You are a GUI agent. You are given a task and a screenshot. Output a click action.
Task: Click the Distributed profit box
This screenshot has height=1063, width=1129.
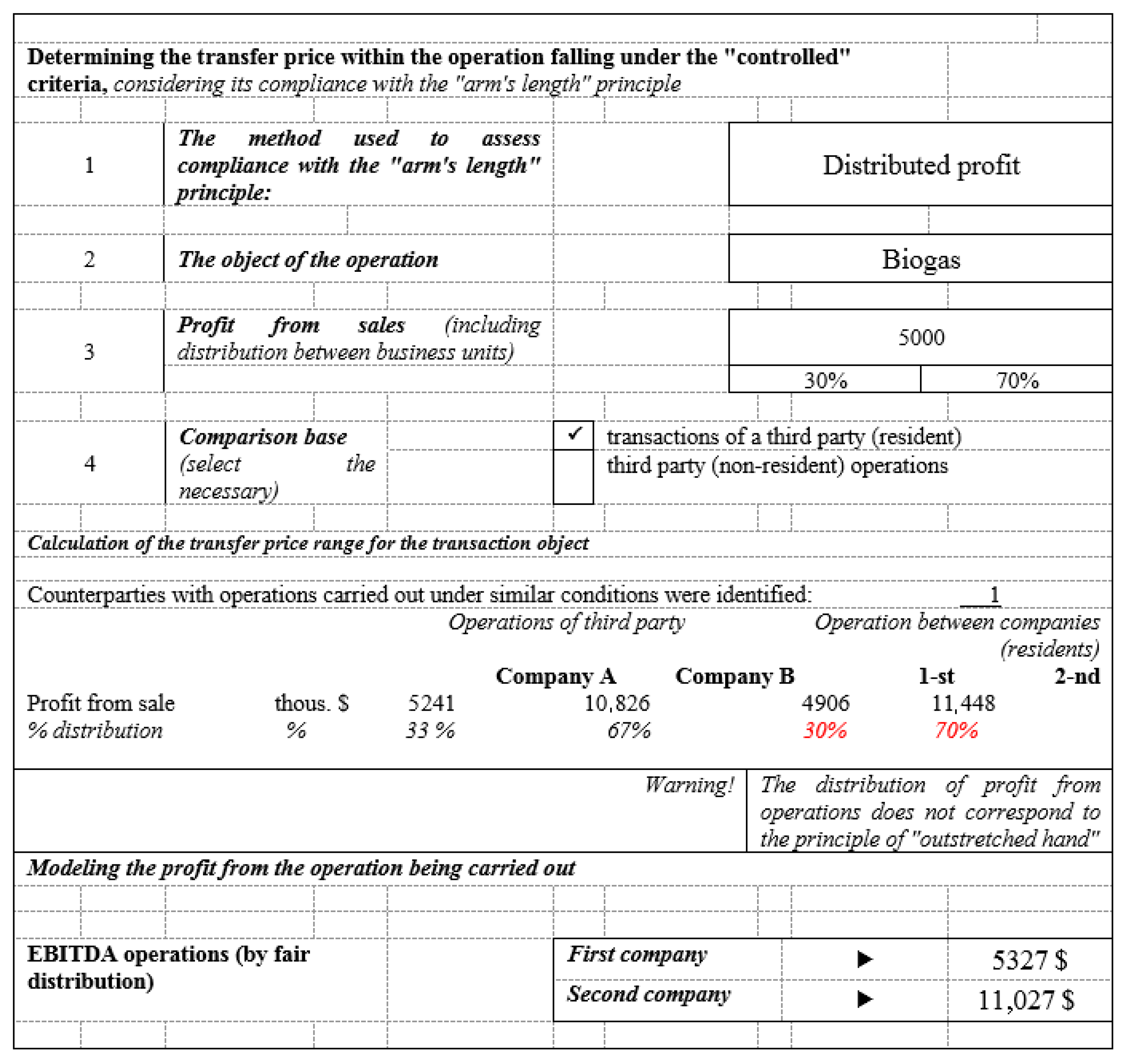coord(920,165)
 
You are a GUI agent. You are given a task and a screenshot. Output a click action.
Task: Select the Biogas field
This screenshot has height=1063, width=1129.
coord(920,259)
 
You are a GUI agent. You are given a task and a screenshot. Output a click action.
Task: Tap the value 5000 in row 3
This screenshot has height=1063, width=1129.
coord(920,337)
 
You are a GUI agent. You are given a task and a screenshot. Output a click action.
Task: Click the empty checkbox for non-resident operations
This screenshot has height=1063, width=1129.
coord(574,476)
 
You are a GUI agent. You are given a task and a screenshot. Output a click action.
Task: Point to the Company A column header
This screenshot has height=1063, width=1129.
coord(555,676)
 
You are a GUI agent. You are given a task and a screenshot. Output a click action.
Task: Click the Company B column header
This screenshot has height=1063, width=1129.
coord(734,676)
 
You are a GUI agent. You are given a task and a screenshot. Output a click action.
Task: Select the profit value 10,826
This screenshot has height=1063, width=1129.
coord(617,703)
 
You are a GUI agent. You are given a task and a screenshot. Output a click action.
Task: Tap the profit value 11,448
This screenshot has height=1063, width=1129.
coord(963,703)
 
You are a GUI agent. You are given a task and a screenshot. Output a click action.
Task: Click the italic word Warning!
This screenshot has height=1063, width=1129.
coord(689,785)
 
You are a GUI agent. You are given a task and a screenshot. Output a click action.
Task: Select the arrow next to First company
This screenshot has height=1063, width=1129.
coord(864,959)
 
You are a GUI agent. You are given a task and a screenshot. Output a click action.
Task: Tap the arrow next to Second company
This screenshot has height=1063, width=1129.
coord(864,999)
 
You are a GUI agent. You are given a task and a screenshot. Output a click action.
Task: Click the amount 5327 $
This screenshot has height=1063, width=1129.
coord(1029,960)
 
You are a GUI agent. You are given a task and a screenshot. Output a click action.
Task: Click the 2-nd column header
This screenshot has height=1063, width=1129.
coord(1077,676)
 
